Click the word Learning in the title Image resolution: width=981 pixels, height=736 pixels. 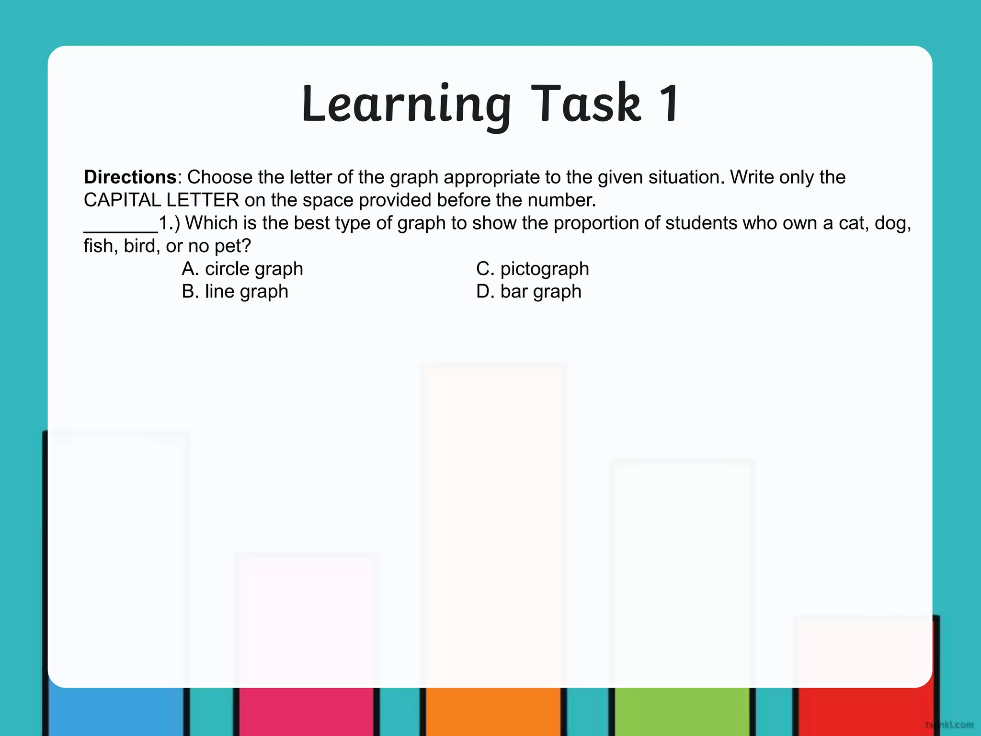(x=406, y=104)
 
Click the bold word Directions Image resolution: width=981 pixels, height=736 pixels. (x=130, y=177)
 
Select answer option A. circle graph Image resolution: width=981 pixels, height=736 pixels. (x=242, y=269)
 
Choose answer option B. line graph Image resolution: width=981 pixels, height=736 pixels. (x=235, y=291)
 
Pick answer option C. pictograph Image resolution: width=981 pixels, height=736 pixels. (x=532, y=269)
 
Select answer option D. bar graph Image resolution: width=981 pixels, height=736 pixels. (x=528, y=291)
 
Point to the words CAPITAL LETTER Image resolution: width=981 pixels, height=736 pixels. (x=161, y=200)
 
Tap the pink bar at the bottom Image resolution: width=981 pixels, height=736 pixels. (x=306, y=711)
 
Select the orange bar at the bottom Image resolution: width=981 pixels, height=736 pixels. (x=493, y=711)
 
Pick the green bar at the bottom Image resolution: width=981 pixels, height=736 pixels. (x=682, y=711)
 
